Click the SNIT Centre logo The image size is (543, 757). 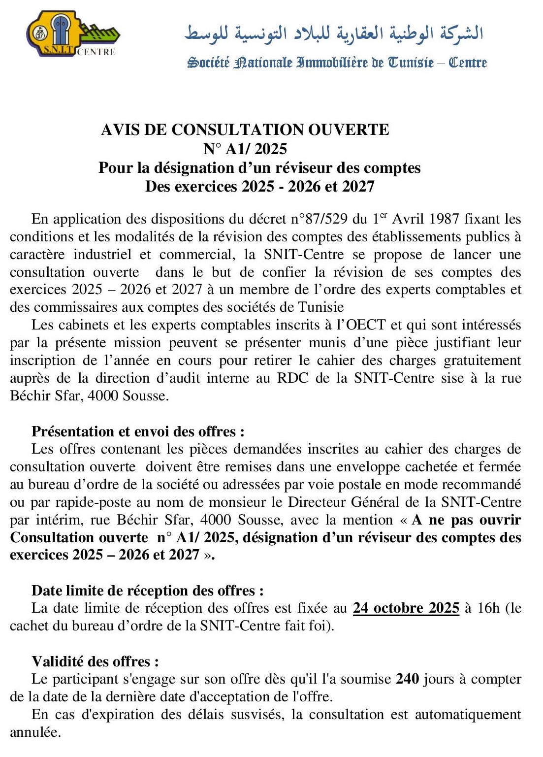(x=73, y=35)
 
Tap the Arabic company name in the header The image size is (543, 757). (x=334, y=33)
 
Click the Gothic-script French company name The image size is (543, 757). (x=337, y=63)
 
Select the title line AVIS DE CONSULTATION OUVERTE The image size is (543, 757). (x=245, y=130)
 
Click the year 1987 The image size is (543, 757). (x=445, y=219)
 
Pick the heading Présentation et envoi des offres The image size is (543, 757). (x=138, y=431)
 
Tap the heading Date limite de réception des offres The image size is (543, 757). (x=147, y=591)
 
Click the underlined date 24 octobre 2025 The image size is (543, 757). (x=406, y=608)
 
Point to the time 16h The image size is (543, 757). (x=489, y=608)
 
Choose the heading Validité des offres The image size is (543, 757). (x=95, y=661)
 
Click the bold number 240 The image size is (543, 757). (x=408, y=679)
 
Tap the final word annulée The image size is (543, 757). (x=35, y=732)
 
